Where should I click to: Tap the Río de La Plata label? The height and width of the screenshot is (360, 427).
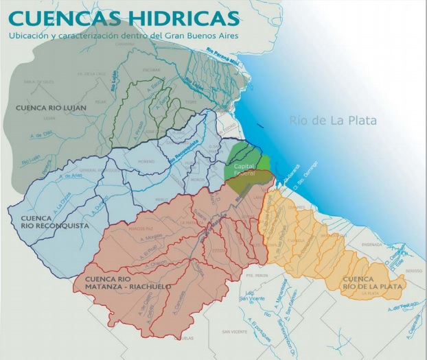[x=333, y=121]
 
